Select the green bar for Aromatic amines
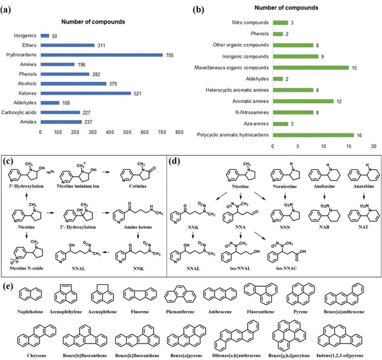(302, 101)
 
